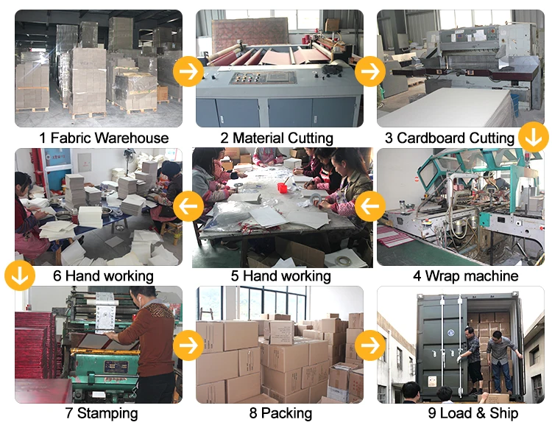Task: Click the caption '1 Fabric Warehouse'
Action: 104,138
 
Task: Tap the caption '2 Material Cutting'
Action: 277,138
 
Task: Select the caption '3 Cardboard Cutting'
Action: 450,138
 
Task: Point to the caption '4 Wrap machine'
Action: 465,275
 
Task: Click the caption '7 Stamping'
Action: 102,413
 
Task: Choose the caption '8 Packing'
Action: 280,413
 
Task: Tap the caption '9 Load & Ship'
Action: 473,413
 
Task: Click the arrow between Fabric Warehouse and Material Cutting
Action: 188,71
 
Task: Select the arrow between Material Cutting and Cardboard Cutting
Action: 370,71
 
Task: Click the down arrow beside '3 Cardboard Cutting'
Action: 534,137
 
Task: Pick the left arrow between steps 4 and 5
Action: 370,206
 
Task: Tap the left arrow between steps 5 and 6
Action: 188,206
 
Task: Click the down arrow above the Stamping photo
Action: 20,275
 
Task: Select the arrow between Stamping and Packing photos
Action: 188,345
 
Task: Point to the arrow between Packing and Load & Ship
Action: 370,345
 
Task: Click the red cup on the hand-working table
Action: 283,188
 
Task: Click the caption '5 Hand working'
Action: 280,275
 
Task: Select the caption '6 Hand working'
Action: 103,275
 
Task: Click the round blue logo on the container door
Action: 451,333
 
